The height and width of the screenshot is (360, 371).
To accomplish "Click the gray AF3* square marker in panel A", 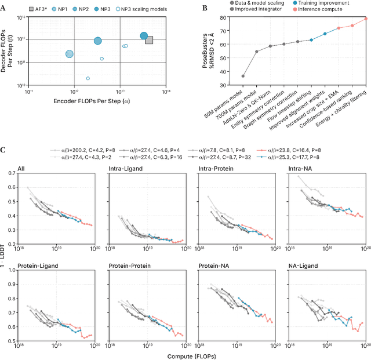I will tap(149, 40).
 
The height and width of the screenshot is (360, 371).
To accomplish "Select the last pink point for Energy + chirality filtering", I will tap(366, 19).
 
